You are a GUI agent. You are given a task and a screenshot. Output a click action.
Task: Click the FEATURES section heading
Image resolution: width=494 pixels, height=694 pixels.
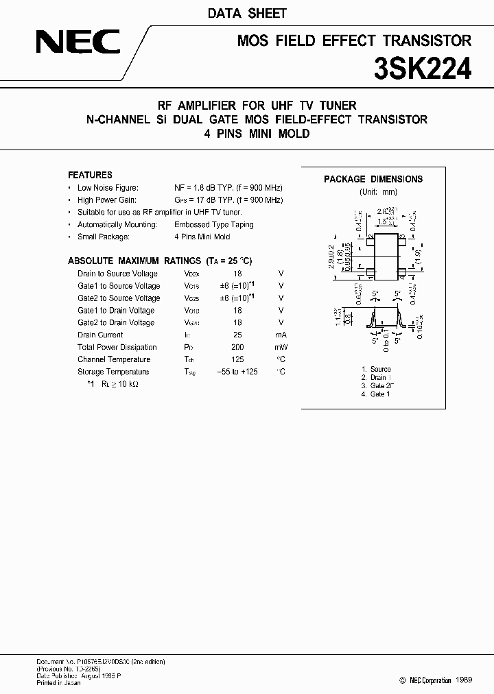[x=90, y=175]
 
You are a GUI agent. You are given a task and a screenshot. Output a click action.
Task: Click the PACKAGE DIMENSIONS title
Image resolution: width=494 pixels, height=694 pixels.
[x=373, y=179]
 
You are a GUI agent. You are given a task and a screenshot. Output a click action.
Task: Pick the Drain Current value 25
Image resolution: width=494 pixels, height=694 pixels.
[x=238, y=335]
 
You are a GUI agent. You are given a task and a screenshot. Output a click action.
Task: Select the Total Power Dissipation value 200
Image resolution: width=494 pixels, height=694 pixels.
[x=238, y=347]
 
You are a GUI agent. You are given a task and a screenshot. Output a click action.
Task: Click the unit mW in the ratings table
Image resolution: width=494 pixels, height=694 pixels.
[x=281, y=347]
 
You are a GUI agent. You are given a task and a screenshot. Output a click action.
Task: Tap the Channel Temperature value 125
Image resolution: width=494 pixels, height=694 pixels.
[x=238, y=359]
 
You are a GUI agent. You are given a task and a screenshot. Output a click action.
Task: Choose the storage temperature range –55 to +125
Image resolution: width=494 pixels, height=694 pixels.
[x=238, y=372]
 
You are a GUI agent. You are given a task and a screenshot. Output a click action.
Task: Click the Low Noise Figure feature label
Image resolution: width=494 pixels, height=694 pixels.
[x=108, y=187]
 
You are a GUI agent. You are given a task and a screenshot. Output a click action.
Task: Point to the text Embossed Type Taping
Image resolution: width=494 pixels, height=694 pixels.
[x=213, y=224]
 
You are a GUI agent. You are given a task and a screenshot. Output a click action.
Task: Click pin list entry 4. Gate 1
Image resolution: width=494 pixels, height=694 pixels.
[x=375, y=394]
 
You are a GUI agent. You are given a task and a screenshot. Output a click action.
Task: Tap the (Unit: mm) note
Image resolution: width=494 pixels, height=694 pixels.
[x=378, y=192]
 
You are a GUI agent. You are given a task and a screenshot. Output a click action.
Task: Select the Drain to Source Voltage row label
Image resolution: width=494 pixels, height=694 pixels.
[x=117, y=274]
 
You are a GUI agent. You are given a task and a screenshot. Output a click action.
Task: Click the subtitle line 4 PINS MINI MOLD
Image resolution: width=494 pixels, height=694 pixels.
[x=257, y=134]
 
